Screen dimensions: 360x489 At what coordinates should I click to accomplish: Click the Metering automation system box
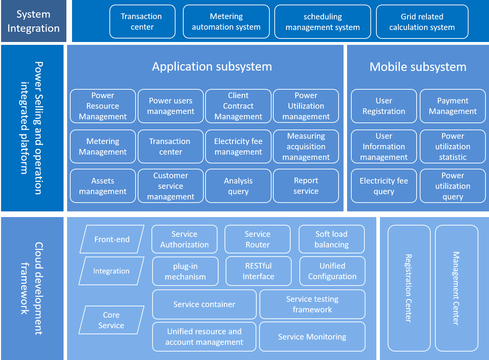pos(226,22)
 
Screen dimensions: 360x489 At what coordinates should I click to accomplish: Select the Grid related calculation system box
pos(422,22)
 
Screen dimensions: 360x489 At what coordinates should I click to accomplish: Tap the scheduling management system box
pos(322,22)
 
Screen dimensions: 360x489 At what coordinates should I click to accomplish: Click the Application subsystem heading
pos(212,67)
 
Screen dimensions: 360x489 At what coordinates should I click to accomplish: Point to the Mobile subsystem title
pos(418,67)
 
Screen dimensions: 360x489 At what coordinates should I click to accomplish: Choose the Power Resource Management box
pos(103,106)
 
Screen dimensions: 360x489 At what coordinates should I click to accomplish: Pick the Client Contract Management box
pos(238,106)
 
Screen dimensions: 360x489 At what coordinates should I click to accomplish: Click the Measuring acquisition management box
pos(306,146)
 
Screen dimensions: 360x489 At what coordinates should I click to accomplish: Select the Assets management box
pos(103,186)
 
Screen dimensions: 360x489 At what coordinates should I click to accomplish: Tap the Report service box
pos(306,186)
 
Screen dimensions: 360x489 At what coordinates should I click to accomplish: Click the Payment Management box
pos(453,106)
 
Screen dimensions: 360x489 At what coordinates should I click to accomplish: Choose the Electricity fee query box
pos(384,186)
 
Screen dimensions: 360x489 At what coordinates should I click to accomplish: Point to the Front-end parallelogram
pos(112,239)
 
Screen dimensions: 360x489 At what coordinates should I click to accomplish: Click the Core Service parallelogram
pos(111,320)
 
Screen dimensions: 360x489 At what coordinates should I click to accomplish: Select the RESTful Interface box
pos(258,271)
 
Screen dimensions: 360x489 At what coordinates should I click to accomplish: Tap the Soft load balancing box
pos(332,239)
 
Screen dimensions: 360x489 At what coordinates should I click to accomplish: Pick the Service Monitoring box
pos(312,337)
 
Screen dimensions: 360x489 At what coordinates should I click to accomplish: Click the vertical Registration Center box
pos(409,288)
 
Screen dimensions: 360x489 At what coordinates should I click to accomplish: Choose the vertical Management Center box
pos(457,288)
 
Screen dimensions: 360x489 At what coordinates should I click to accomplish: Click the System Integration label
pos(34,21)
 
